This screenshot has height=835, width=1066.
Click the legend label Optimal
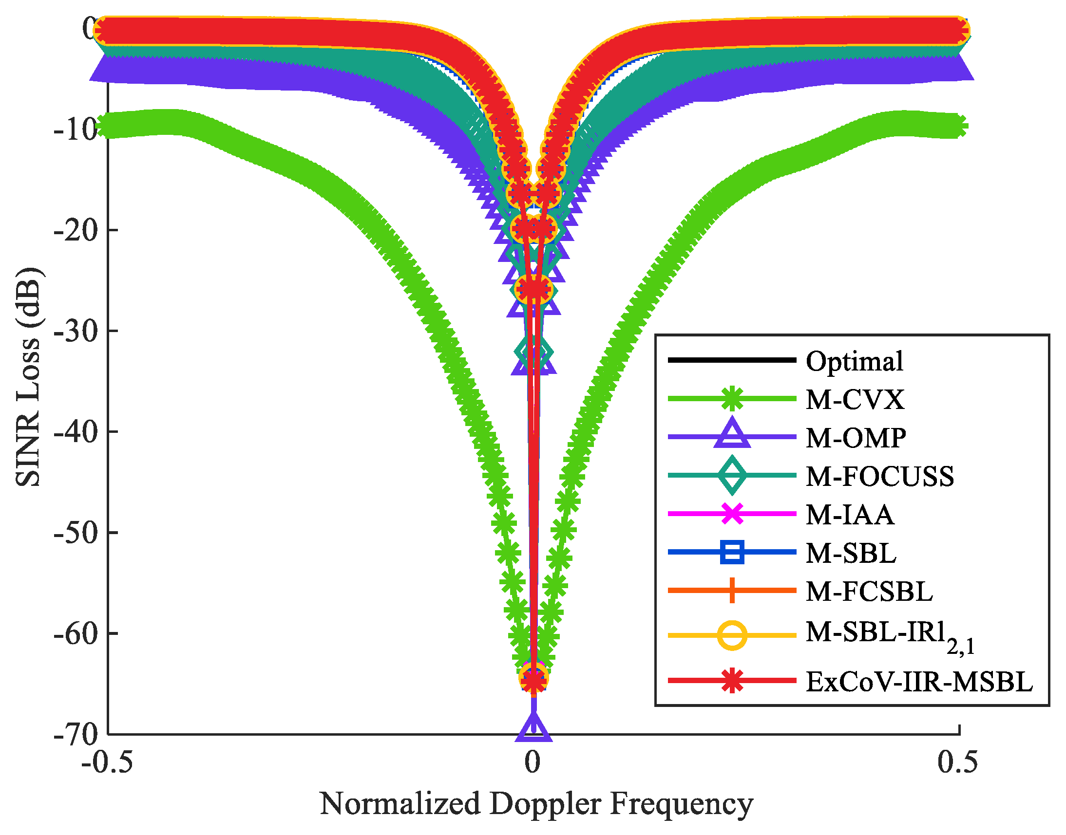[854, 362]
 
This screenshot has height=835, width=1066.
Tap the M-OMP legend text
[856, 438]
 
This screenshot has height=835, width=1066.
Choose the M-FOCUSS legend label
[879, 476]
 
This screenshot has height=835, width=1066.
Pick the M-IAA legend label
[850, 515]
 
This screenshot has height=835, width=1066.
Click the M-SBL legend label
[851, 553]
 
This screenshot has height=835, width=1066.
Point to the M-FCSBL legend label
[869, 591]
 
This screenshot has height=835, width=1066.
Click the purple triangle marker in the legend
[732, 434]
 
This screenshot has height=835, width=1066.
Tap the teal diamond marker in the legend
[732, 475]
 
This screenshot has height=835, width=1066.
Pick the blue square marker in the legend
[732, 553]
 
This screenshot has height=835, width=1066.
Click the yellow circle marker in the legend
[732, 635]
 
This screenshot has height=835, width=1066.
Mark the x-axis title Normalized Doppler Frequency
[536, 804]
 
